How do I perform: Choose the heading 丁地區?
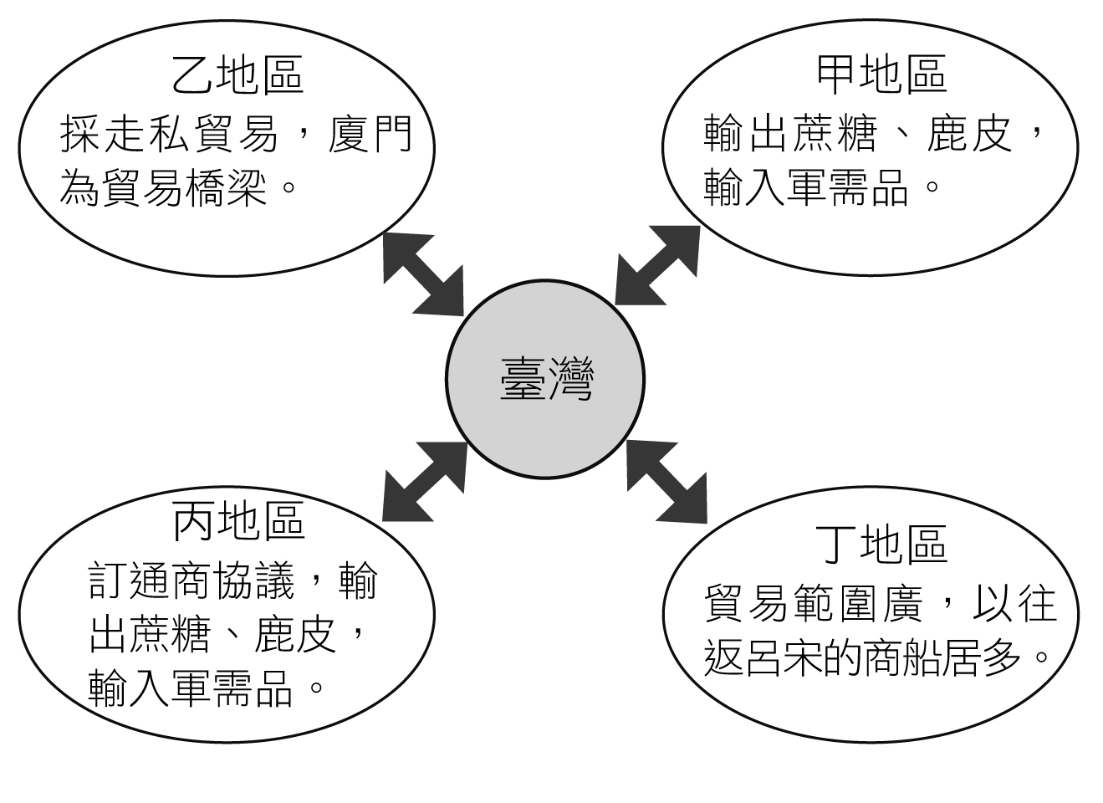[881, 544]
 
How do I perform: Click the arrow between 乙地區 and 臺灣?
[423, 273]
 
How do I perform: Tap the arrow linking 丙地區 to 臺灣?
[424, 481]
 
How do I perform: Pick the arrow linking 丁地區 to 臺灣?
[666, 481]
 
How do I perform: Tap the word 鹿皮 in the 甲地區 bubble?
[970, 134]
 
